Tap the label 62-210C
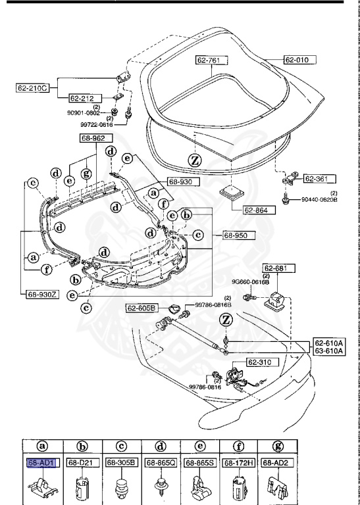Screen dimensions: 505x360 pos(33,86)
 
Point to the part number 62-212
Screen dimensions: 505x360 pos(84,98)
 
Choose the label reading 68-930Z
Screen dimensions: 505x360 pos(42,295)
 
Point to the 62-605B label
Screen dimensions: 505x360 pos(142,308)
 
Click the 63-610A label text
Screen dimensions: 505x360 pos(328,350)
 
